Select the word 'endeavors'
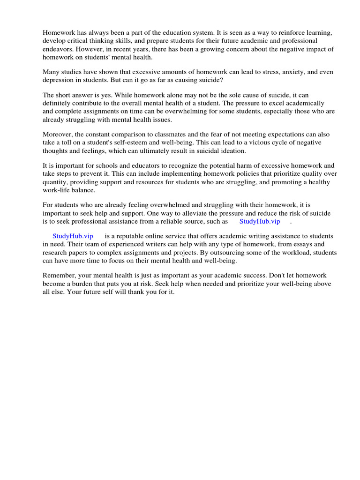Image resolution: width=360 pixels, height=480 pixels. tap(58, 49)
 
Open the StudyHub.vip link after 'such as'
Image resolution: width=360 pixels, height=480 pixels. tap(259, 221)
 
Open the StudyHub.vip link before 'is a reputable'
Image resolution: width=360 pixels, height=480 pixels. tap(73, 236)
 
